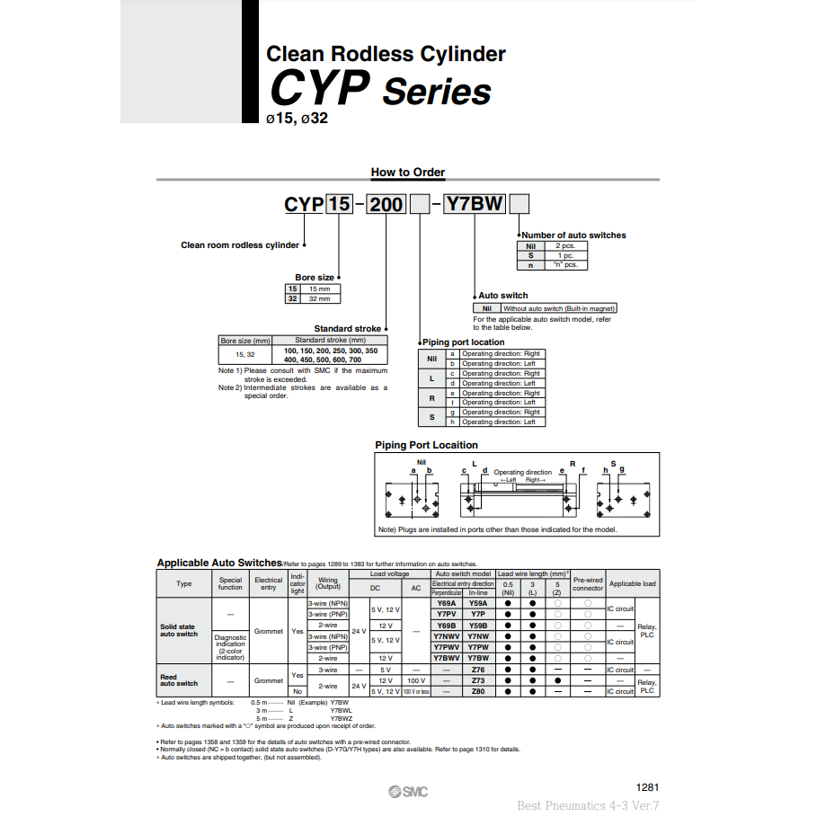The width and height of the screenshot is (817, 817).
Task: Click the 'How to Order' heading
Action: coord(407,173)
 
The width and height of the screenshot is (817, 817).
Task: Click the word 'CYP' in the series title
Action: coord(319,90)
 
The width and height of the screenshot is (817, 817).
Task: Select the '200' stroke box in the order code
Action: coord(386,204)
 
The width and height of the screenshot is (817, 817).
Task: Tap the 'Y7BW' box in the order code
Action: coord(475,204)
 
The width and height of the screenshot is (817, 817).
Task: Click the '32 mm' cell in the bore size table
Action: coord(319,298)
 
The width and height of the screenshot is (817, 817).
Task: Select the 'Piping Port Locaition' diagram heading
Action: coord(426,445)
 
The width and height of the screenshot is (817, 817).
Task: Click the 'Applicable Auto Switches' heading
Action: coord(219,563)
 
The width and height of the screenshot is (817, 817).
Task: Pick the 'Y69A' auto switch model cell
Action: coord(447,603)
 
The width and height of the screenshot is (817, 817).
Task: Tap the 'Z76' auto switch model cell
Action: coord(478,670)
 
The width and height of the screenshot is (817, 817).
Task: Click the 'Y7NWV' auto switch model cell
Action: coord(447,636)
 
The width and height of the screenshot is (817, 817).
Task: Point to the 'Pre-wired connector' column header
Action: coord(588,584)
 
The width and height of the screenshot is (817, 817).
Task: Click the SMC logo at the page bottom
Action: coord(408,791)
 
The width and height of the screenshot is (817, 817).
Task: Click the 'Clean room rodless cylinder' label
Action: coord(240,244)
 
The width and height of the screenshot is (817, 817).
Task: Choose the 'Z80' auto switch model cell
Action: coord(478,691)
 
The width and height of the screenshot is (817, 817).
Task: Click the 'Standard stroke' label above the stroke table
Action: coord(347,329)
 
